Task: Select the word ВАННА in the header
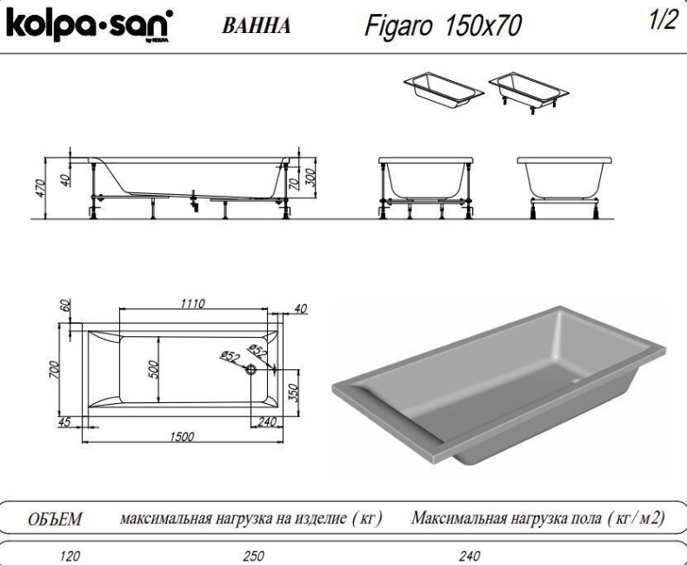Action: click(256, 26)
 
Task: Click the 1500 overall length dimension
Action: click(181, 435)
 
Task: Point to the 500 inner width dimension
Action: click(153, 367)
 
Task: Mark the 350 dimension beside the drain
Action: click(293, 393)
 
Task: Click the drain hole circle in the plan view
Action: click(251, 369)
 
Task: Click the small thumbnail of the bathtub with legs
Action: click(527, 91)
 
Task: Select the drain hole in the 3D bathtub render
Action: click(577, 381)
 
